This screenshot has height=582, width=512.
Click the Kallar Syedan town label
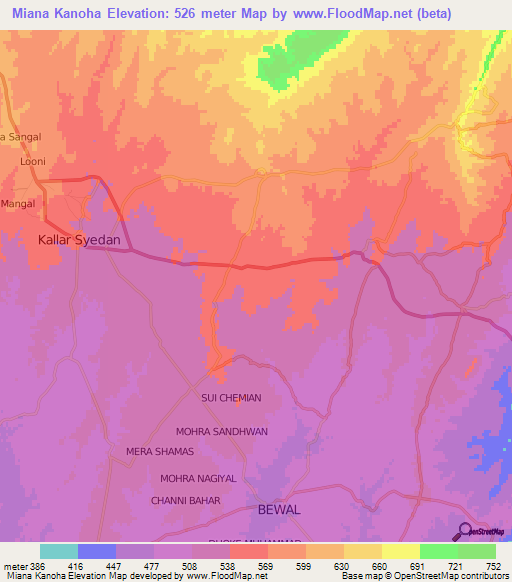[x=79, y=240]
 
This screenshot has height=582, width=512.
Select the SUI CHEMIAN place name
[x=231, y=398]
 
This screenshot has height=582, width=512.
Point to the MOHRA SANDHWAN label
[x=221, y=432]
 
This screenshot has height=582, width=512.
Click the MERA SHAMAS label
[x=160, y=452]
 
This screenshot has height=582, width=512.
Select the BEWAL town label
[x=279, y=510]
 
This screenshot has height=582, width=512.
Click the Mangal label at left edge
[x=18, y=203]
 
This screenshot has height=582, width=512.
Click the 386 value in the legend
[x=37, y=565]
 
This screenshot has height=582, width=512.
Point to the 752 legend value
[x=493, y=565]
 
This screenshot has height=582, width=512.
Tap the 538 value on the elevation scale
[x=227, y=565]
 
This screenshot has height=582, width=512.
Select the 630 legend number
[x=341, y=565]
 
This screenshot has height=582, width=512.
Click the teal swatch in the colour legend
[x=59, y=551]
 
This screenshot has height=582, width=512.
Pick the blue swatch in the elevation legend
[x=97, y=551]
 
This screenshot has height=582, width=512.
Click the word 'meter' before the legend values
[x=13, y=565]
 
